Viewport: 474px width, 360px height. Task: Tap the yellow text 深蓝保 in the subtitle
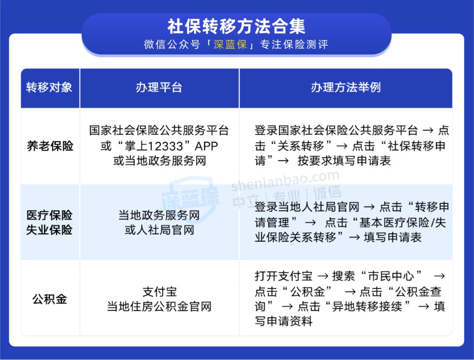pyautogui.click(x=230, y=45)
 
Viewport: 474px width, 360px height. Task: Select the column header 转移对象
pyautogui.click(x=49, y=87)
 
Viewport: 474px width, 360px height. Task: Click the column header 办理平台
pyautogui.click(x=159, y=87)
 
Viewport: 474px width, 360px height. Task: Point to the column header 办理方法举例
pyautogui.click(x=345, y=87)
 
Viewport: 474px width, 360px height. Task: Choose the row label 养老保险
pyautogui.click(x=50, y=146)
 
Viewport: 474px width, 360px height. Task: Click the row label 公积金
pyautogui.click(x=50, y=299)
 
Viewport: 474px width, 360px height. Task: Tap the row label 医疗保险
pyautogui.click(x=50, y=215)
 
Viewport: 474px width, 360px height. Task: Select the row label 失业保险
pyautogui.click(x=50, y=230)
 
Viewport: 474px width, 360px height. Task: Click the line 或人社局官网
pyautogui.click(x=159, y=230)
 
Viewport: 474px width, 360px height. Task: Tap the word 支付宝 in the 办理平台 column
pyautogui.click(x=159, y=292)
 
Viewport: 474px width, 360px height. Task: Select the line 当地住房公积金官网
pyautogui.click(x=159, y=306)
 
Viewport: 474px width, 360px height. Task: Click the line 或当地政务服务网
pyautogui.click(x=159, y=161)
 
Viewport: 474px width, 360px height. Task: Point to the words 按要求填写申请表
pyautogui.click(x=344, y=161)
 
